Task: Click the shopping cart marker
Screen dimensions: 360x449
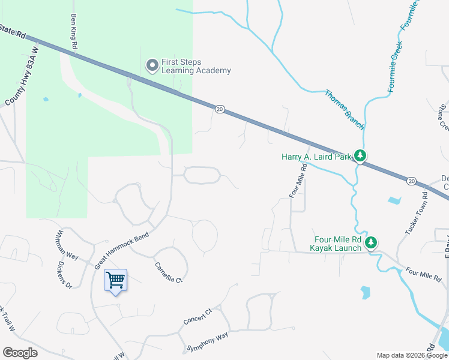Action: tap(115, 280)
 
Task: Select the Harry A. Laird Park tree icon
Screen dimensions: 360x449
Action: tap(360, 157)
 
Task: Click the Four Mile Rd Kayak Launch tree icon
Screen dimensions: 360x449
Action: tap(372, 242)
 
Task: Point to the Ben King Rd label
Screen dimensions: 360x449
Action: tap(74, 31)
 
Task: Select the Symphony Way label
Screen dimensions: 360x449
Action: tap(208, 343)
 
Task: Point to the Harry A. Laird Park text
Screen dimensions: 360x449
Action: tap(316, 157)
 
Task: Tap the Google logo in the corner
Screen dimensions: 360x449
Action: tap(20, 353)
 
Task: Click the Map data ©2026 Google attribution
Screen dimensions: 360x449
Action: tap(412, 355)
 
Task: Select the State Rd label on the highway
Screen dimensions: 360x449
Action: tap(13, 31)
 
